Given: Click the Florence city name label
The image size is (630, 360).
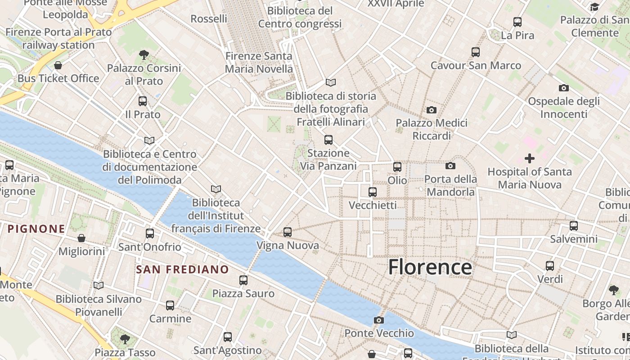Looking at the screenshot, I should click(430, 267).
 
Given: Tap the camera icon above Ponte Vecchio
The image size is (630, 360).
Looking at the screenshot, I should click(379, 320).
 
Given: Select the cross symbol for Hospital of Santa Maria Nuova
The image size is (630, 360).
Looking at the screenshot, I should click(530, 158).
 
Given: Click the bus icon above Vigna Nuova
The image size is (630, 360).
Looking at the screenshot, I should click(288, 232).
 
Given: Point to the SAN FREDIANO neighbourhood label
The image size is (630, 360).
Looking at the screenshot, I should click(182, 270).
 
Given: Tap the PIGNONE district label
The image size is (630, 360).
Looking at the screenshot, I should click(36, 229).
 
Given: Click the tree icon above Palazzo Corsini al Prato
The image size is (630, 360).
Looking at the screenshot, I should click(144, 55).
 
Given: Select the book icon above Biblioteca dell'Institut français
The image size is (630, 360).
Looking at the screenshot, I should click(216, 189).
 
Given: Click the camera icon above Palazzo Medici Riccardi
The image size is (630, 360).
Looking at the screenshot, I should click(432, 110).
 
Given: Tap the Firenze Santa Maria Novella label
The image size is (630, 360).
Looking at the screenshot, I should click(259, 63).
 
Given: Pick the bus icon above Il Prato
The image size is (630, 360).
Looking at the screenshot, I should click(143, 101).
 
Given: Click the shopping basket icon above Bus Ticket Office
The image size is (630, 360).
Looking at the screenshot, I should click(58, 65).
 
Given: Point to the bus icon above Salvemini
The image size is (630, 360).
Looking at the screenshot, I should click(574, 225).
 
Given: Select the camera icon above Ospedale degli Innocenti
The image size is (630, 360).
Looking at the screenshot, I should click(564, 88).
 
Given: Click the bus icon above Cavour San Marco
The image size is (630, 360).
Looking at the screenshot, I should click(476, 52).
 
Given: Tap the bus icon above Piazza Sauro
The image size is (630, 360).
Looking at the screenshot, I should click(243, 280).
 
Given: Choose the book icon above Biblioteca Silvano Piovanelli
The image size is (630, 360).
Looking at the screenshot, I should click(99, 285).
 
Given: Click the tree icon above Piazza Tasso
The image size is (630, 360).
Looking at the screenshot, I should click(125, 338).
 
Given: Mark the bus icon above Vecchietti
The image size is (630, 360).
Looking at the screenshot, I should click(373, 192).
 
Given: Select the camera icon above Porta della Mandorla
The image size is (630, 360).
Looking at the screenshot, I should click(450, 166).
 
